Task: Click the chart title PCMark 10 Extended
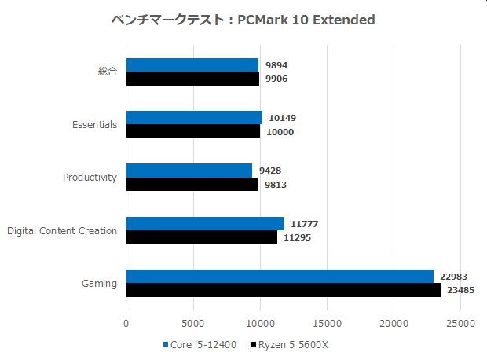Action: (x=243, y=19)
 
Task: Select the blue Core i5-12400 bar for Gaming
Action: (x=280, y=276)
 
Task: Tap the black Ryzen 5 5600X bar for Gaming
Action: (x=283, y=290)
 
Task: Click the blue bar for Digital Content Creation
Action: (x=205, y=223)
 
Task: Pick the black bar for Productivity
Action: (x=192, y=185)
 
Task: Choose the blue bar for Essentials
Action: (x=194, y=118)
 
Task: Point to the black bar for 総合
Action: (x=192, y=79)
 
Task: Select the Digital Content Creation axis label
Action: (x=62, y=230)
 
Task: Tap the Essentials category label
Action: (x=93, y=124)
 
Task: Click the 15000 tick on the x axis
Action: (x=326, y=323)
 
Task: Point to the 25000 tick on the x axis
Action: (x=460, y=323)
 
